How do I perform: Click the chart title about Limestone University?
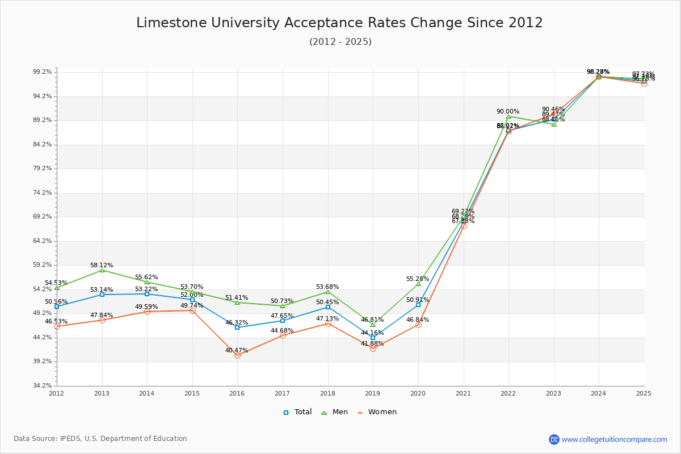pyautogui.click(x=339, y=23)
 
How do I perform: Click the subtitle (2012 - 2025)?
pyautogui.click(x=340, y=42)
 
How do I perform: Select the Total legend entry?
pyautogui.click(x=297, y=412)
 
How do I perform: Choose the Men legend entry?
pyautogui.click(x=334, y=412)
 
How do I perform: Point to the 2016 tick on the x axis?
pyautogui.click(x=237, y=393)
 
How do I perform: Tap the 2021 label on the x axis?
pyautogui.click(x=463, y=393)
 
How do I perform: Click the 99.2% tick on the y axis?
pyautogui.click(x=43, y=72)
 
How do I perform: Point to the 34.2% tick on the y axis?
pyautogui.click(x=43, y=386)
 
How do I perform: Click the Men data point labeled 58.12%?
pyautogui.click(x=102, y=270)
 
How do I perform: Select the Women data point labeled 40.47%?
pyautogui.click(x=237, y=355)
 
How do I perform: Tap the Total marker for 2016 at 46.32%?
pyautogui.click(x=237, y=327)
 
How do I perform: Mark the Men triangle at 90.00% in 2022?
pyautogui.click(x=508, y=116)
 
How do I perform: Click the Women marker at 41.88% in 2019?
pyautogui.click(x=373, y=348)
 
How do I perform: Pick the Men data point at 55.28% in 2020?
pyautogui.click(x=418, y=283)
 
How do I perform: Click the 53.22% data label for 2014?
pyautogui.click(x=146, y=289)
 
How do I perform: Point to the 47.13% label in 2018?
pyautogui.click(x=327, y=318)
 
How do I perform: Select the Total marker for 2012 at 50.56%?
pyautogui.click(x=57, y=306)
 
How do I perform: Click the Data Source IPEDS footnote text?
pyautogui.click(x=100, y=439)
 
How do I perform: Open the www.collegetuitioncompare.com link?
pyautogui.click(x=614, y=439)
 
